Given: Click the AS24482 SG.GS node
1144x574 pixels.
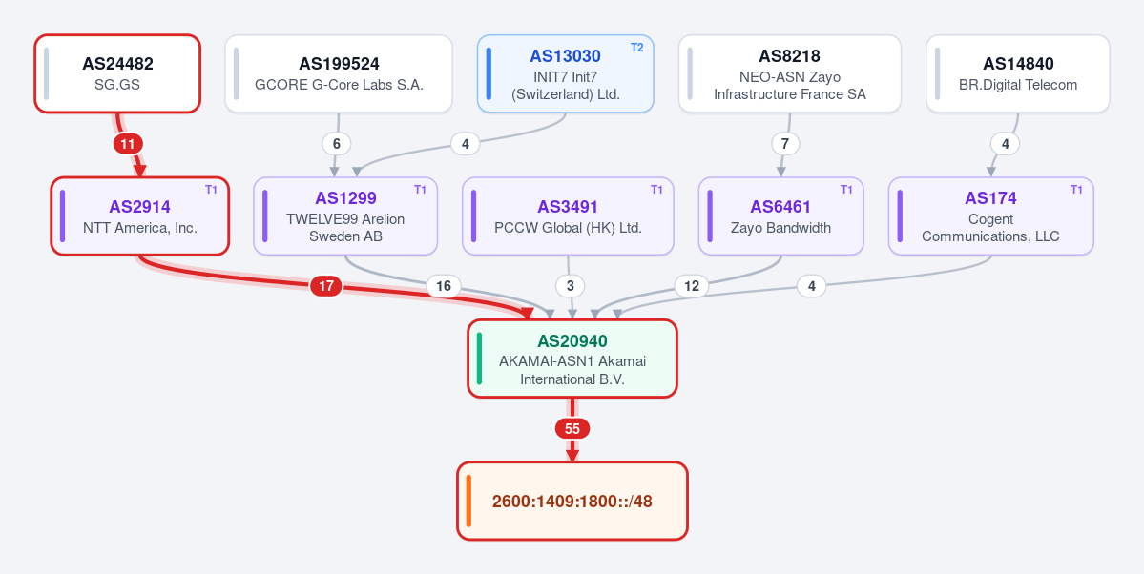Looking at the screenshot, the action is point(117,73).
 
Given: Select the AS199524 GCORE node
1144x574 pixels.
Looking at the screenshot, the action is point(339,73).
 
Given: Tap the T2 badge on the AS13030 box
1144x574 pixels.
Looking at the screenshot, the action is point(637,48).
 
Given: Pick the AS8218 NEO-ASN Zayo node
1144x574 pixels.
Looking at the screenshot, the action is point(790,73).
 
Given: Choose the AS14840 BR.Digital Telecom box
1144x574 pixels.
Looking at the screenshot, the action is point(1018,73).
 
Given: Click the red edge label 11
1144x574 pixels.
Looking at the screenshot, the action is point(128,144).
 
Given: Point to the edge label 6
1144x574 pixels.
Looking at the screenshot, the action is point(337,144).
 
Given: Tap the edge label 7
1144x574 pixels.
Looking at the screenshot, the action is point(785,144).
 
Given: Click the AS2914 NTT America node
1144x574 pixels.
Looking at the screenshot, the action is point(140,215).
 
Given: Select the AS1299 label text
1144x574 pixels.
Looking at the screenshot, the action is point(345,197).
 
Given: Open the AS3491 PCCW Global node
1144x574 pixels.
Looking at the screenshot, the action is point(568,215).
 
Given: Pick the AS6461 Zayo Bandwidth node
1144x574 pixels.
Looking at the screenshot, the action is point(780,215).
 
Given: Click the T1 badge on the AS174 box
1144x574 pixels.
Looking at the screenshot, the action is point(1077,190).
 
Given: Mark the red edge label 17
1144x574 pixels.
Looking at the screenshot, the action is point(326,286).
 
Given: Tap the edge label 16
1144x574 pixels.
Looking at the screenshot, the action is point(444,286).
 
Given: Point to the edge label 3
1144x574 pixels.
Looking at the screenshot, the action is point(571,286).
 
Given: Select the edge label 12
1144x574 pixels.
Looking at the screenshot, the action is point(692,286).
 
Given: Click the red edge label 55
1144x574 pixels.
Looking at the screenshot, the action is point(572,429).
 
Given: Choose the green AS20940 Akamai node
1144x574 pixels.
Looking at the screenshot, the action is point(572,359).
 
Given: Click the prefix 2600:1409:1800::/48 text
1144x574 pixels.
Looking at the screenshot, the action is point(572,502).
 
